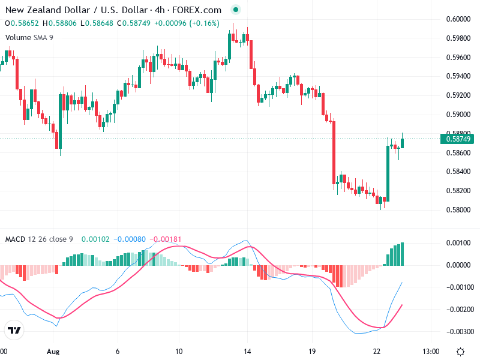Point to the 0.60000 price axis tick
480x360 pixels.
pos(457,19)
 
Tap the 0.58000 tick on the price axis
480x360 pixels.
pos(457,210)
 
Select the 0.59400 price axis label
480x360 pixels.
pos(457,76)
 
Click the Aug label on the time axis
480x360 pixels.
pos(53,351)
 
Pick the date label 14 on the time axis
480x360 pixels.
pos(247,351)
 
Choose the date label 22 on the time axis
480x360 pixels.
pos(377,351)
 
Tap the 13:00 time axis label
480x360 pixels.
pos(431,351)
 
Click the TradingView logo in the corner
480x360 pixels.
pos(14,330)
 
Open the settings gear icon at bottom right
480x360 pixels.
pos(460,351)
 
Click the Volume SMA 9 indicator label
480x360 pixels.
pos(29,37)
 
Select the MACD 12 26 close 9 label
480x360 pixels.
pos(39,239)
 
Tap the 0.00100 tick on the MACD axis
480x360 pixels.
pos(457,242)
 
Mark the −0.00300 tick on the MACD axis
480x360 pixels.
pos(457,331)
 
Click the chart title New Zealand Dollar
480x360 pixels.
pos(48,10)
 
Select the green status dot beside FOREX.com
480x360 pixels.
pos(235,10)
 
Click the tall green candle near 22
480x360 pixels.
pos(388,170)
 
